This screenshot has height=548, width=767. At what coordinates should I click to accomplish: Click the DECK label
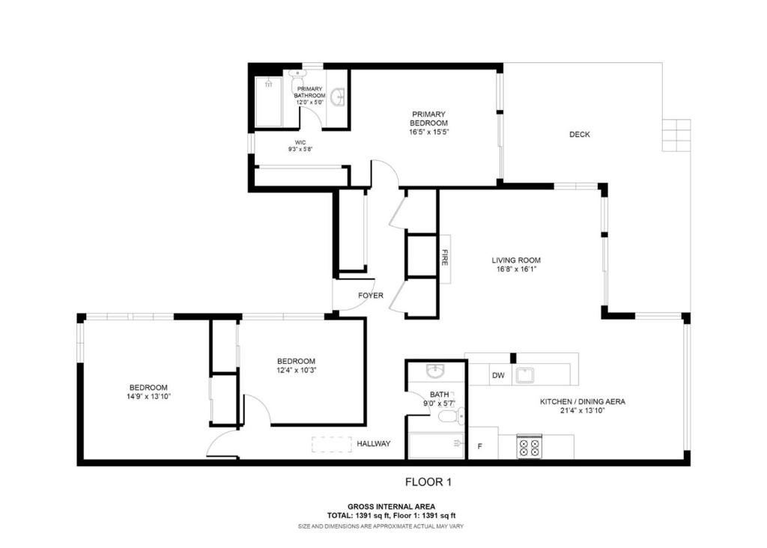(579, 134)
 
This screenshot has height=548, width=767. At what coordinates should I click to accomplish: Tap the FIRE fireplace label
(445, 258)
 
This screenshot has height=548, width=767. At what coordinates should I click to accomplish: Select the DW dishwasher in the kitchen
(498, 375)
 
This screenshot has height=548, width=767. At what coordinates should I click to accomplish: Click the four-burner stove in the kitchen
(529, 446)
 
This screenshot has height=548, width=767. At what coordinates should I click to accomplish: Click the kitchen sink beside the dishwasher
(525, 375)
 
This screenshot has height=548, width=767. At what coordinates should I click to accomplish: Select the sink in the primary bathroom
(338, 97)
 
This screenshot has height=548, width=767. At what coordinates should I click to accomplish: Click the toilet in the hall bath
(450, 416)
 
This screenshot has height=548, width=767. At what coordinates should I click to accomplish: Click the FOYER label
(370, 295)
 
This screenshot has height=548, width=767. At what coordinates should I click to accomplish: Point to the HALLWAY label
(373, 443)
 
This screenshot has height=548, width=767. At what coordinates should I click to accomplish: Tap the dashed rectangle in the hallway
(332, 444)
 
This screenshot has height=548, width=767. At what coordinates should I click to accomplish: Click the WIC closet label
(300, 142)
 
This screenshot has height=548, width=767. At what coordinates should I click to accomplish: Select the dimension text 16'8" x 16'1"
(515, 269)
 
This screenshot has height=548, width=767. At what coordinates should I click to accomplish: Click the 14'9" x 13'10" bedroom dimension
(148, 397)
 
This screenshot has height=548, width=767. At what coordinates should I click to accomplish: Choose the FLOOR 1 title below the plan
(428, 482)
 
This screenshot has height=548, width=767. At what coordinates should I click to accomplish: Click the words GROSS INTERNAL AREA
(391, 506)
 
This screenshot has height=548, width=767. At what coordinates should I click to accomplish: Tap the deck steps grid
(676, 135)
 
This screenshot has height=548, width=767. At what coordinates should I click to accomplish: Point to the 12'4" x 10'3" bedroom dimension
(297, 370)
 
